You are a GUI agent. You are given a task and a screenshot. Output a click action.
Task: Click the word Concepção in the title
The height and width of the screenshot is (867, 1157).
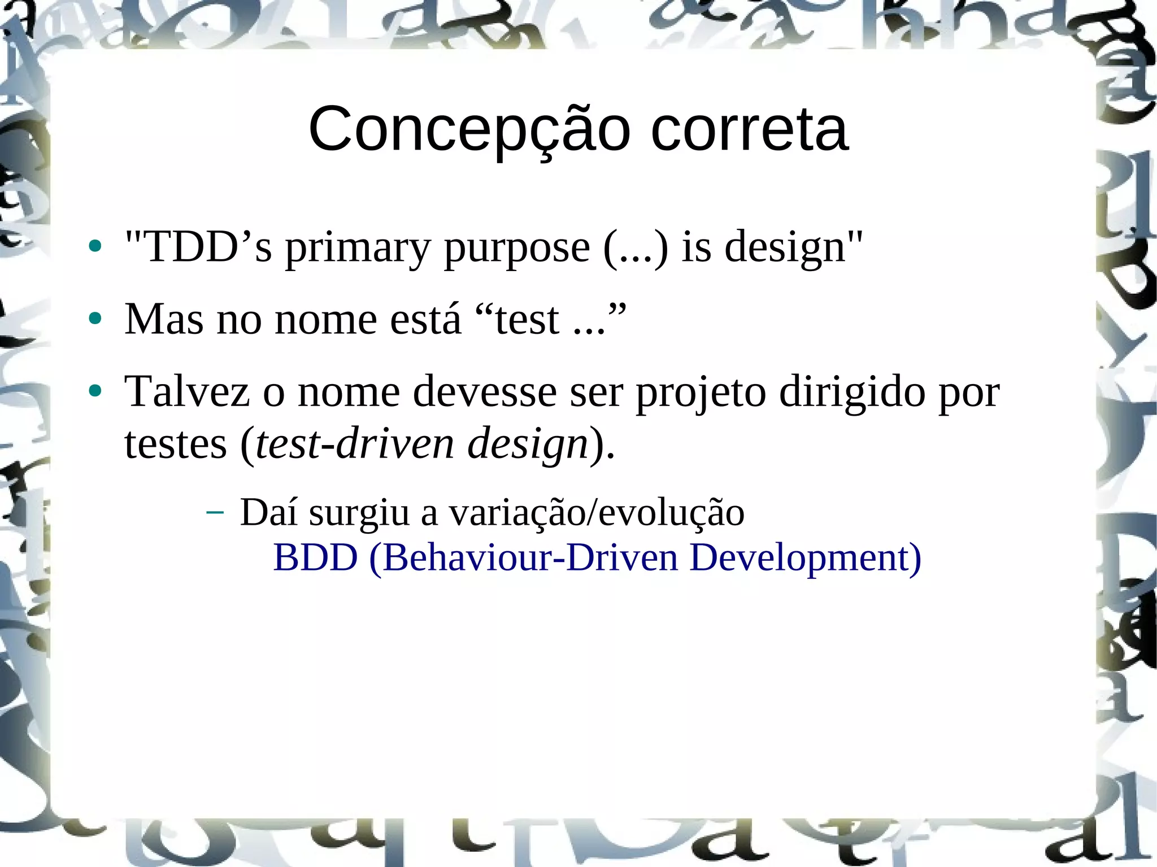click(x=469, y=130)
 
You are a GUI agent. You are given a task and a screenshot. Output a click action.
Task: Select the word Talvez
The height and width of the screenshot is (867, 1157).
click(x=187, y=391)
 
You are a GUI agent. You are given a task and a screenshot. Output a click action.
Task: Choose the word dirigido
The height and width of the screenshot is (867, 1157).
click(x=852, y=391)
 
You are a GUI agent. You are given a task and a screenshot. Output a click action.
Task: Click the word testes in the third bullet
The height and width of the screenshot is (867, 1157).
click(x=176, y=443)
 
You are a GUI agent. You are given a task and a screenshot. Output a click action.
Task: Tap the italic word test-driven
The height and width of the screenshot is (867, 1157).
click(x=355, y=443)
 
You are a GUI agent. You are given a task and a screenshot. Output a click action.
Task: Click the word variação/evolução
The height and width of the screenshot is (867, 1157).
click(x=597, y=512)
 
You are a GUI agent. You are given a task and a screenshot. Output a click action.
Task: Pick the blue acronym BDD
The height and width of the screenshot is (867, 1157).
click(x=315, y=557)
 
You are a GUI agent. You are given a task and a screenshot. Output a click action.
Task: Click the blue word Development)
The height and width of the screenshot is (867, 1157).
click(x=806, y=559)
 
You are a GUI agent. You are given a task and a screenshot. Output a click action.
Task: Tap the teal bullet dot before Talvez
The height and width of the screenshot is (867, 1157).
click(x=95, y=391)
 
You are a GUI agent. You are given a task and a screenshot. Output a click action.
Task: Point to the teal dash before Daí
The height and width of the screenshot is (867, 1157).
click(x=215, y=512)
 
